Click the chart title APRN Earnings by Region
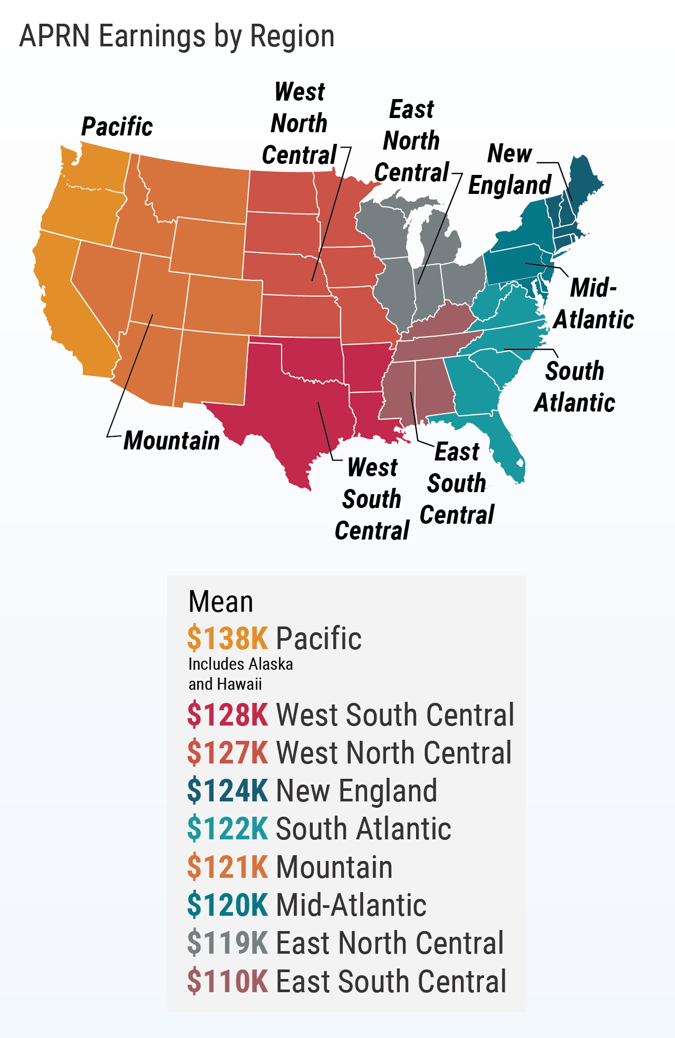click(177, 37)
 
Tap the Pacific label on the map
click(117, 127)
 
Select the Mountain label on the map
click(172, 440)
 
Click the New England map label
click(510, 170)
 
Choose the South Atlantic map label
click(575, 387)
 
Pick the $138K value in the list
click(228, 638)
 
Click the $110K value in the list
click(228, 981)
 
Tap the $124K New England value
click(228, 791)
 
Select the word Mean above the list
click(220, 602)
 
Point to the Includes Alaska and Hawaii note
click(240, 674)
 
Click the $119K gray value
click(228, 943)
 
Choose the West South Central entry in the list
click(394, 715)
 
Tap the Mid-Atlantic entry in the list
click(351, 905)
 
